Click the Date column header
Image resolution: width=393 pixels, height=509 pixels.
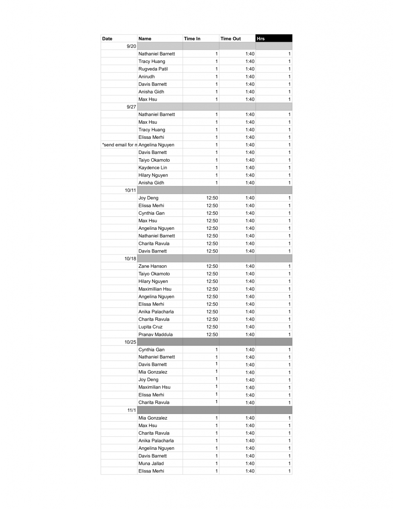pos(107,39)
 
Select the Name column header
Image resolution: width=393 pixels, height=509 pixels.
pos(145,39)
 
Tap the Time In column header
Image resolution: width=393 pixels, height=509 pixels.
pos(192,39)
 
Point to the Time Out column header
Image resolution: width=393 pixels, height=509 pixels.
pos(231,39)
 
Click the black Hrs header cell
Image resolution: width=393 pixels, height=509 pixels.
pos(274,39)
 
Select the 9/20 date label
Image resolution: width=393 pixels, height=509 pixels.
pos(131,46)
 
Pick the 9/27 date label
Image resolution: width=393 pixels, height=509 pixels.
pos(131,107)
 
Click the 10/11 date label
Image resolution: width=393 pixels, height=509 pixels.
pos(130,190)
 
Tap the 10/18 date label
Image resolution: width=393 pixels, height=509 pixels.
pos(130,258)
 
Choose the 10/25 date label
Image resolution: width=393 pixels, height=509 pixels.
pos(130,342)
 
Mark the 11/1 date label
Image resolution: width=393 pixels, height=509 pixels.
pos(132,410)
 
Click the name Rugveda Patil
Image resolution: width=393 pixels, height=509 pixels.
pos(153,69)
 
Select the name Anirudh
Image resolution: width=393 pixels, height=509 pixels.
pos(147,77)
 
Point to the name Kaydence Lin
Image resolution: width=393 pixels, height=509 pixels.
pos(153,168)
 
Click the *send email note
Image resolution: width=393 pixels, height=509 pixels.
pos(119,145)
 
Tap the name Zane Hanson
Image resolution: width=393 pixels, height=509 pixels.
pos(153,266)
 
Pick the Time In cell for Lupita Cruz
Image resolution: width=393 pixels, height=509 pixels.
pos(212,327)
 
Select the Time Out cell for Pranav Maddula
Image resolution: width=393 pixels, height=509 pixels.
pos(250,334)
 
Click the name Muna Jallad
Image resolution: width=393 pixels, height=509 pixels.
pos(151,464)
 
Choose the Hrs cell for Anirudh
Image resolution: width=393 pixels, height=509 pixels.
pos(289,77)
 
